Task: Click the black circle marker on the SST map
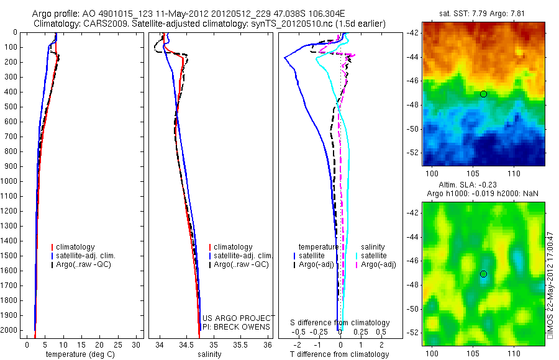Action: coord(483,94)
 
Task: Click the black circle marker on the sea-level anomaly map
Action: coord(483,274)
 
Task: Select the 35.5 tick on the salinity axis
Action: coord(240,344)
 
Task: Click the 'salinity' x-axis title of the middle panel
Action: coord(208,354)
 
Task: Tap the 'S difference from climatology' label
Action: coord(340,323)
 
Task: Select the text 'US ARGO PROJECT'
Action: coord(239,318)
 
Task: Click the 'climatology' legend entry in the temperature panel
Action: coord(76,247)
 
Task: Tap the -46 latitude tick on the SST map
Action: coord(413,81)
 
